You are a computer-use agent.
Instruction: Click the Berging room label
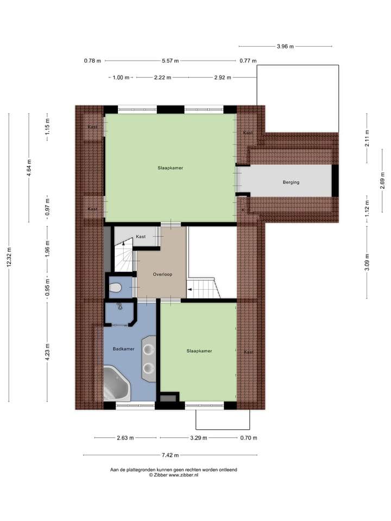point(291,182)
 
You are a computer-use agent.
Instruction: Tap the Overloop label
point(162,275)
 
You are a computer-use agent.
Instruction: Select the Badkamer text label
point(124,349)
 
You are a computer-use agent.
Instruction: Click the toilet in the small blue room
point(115,287)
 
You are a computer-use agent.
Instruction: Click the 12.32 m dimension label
point(9,257)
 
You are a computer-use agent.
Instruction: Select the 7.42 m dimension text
point(170,455)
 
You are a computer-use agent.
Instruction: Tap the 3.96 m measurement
point(285,47)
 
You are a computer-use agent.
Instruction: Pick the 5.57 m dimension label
point(170,61)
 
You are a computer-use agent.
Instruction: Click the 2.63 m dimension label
point(125,438)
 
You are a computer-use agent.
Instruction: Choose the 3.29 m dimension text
point(199,438)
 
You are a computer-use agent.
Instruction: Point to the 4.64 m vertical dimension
point(29,168)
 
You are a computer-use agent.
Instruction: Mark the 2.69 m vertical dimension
point(382,181)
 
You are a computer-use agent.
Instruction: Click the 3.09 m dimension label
point(367,262)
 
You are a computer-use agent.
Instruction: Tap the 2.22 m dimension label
point(162,78)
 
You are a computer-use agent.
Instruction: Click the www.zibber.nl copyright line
point(174,475)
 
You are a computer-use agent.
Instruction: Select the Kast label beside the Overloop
point(141,237)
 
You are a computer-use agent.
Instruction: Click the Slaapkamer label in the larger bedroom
point(170,168)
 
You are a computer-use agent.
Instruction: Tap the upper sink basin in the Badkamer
point(148,349)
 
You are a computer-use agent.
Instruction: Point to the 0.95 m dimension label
point(47,288)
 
